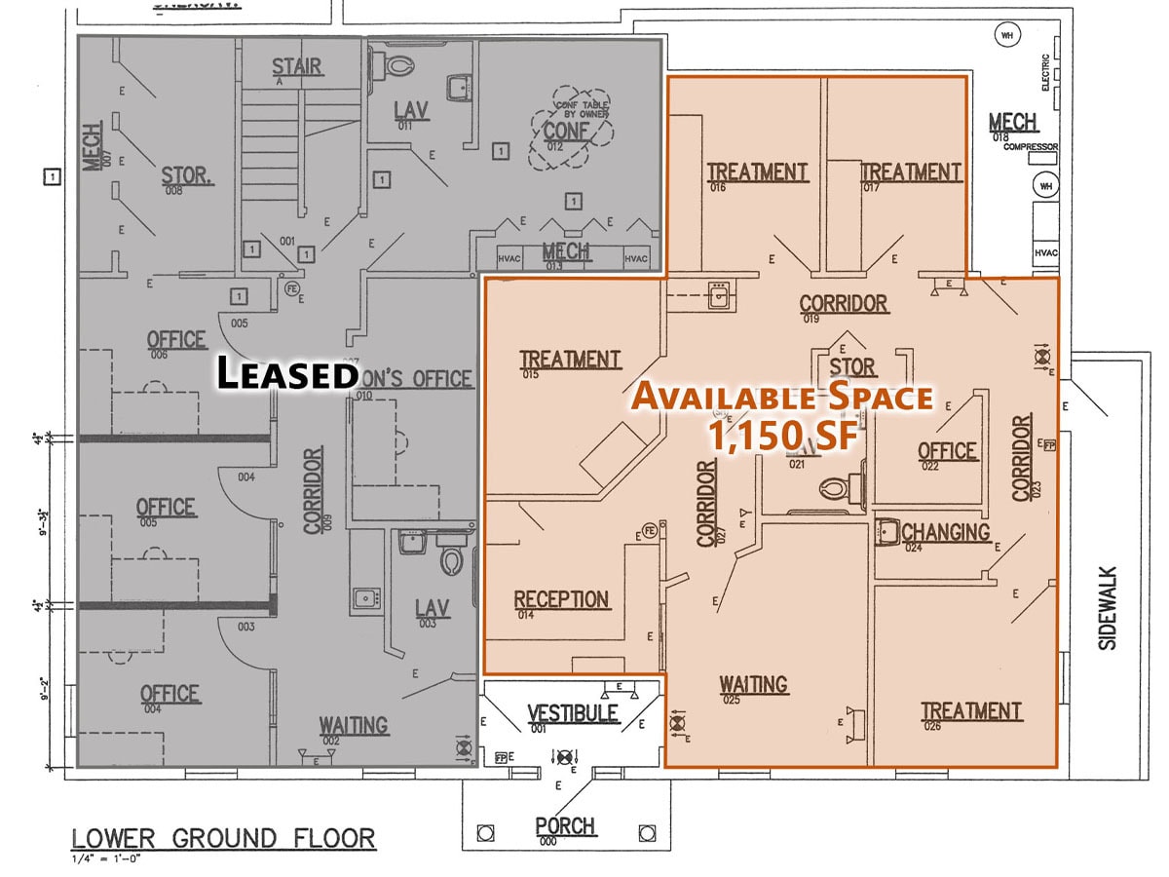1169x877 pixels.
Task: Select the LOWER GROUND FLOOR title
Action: [223, 838]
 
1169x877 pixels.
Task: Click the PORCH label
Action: [565, 826]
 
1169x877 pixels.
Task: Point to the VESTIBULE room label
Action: [573, 713]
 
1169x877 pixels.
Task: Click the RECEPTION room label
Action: [561, 599]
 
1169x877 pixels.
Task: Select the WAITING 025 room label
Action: [753, 684]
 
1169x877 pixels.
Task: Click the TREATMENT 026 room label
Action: [971, 711]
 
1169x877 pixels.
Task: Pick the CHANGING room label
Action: [945, 532]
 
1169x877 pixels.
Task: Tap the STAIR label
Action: [297, 67]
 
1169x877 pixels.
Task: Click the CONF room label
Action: [565, 131]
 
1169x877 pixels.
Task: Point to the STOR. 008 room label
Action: [186, 175]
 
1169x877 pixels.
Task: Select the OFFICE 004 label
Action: [170, 694]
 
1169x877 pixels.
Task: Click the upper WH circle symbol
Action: [1005, 36]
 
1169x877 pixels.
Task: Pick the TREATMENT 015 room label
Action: [570, 360]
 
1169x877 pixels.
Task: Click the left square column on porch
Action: [484, 833]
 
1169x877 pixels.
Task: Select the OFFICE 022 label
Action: [947, 451]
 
